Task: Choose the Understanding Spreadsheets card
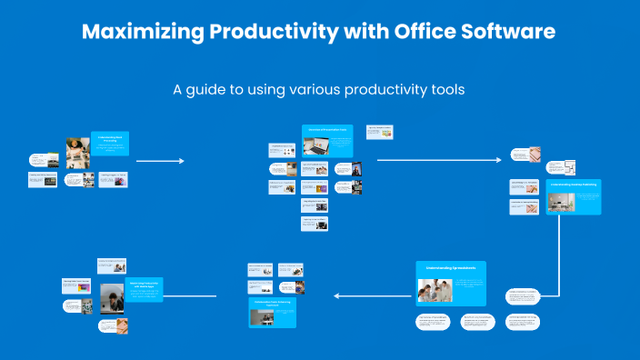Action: click(451, 283)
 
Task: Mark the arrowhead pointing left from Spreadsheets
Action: click(337, 295)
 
